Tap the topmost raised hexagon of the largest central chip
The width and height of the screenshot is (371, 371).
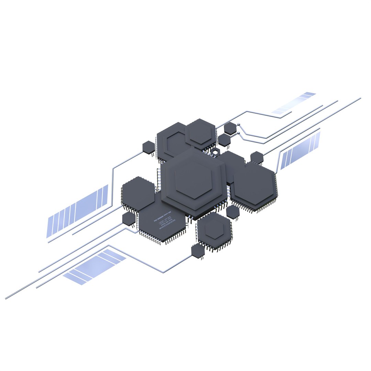(x=193, y=179)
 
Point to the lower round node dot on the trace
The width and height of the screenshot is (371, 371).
(x=238, y=132)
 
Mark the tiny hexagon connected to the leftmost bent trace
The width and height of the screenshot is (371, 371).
(x=149, y=147)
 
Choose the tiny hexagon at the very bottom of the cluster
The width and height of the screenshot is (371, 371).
(x=198, y=251)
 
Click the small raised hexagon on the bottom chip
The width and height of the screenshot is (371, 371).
(x=214, y=229)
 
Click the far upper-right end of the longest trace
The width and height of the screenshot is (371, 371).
(x=360, y=98)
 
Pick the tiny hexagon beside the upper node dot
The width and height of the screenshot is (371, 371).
(x=230, y=128)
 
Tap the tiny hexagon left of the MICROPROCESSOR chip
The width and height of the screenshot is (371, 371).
(x=129, y=218)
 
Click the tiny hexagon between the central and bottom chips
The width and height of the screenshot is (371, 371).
(x=233, y=212)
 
